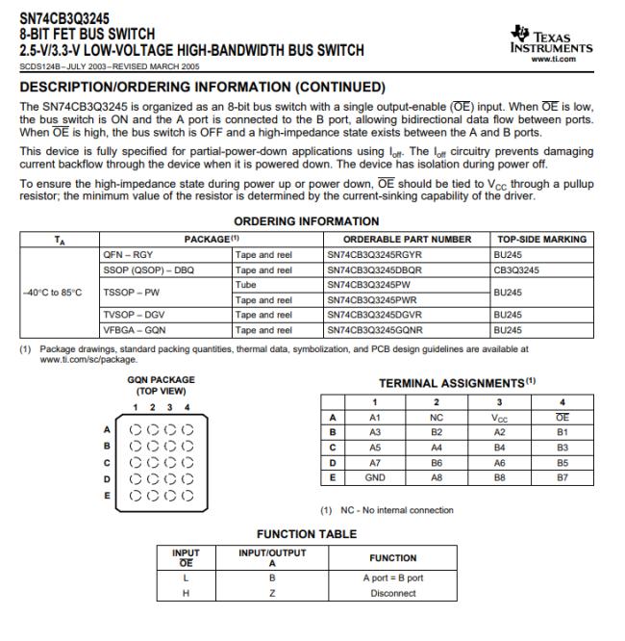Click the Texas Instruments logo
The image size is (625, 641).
[551, 38]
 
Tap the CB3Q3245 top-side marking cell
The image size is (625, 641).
[518, 269]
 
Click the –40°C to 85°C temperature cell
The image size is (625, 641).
[54, 292]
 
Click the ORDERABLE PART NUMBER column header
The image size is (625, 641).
[408, 239]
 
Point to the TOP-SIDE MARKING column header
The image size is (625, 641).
[541, 239]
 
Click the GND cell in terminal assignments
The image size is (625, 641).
[376, 475]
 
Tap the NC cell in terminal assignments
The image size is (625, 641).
[437, 418]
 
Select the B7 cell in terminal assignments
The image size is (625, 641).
[562, 475]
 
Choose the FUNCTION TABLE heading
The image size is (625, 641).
[306, 533]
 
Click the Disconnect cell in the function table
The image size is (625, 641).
[393, 593]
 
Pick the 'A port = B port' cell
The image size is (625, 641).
[393, 578]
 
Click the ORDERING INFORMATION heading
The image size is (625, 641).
[307, 221]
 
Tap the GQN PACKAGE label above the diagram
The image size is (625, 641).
[161, 379]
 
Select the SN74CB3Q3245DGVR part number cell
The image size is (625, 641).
[372, 315]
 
